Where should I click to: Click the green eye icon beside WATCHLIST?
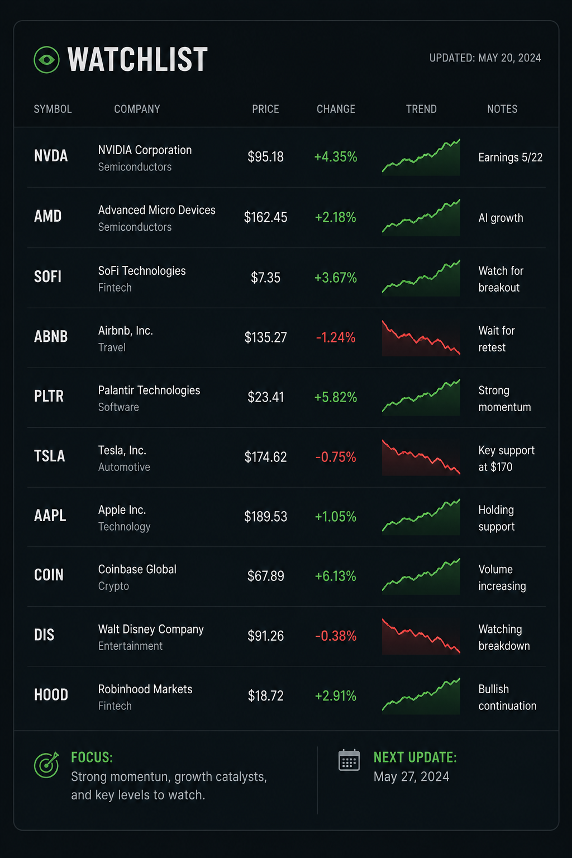click(x=46, y=59)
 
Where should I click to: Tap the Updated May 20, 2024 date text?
click(x=485, y=58)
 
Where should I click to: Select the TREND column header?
click(x=421, y=109)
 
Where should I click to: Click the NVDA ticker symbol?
click(x=51, y=156)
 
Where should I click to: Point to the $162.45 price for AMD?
click(x=265, y=217)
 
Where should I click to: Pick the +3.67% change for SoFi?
click(x=336, y=277)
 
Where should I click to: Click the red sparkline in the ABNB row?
click(x=421, y=338)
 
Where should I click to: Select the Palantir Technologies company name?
click(x=149, y=390)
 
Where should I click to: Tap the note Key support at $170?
click(x=506, y=459)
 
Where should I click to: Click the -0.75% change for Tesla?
click(x=336, y=457)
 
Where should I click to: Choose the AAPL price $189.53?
click(x=265, y=517)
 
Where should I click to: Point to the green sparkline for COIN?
click(x=421, y=576)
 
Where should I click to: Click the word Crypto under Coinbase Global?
click(x=113, y=586)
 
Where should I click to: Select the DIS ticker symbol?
click(x=44, y=635)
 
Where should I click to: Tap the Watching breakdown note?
click(x=504, y=637)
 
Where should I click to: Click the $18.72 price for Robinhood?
click(x=265, y=695)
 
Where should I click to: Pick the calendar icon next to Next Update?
click(x=349, y=760)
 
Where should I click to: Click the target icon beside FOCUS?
click(x=46, y=765)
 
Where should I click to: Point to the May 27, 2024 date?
click(x=411, y=777)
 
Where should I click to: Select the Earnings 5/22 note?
click(x=511, y=158)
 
